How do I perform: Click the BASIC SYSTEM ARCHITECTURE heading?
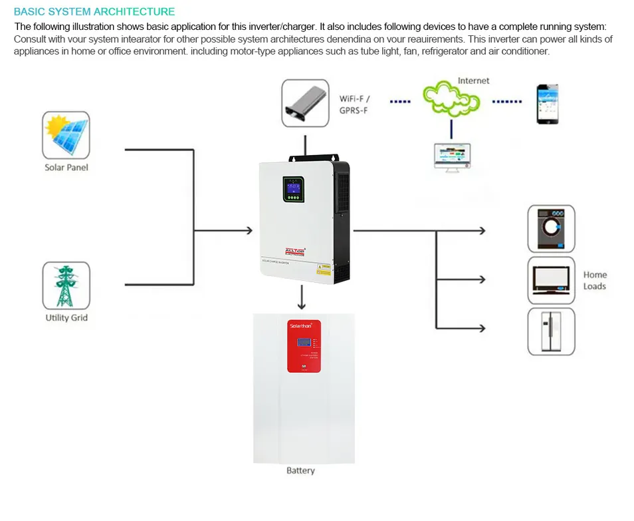tap(94, 11)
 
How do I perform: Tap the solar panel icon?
tap(66, 135)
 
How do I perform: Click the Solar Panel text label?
tap(66, 168)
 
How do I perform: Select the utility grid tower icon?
tap(66, 285)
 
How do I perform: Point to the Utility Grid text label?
tap(66, 317)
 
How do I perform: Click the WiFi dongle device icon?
tap(306, 103)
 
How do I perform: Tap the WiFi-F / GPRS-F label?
tap(354, 104)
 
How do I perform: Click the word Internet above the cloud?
tap(473, 81)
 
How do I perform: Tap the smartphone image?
tap(547, 104)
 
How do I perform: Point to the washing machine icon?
tap(551, 228)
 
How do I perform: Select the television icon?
tap(551, 279)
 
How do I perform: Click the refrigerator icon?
tap(551, 331)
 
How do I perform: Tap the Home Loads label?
tap(595, 280)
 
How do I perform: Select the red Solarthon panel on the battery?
tap(304, 346)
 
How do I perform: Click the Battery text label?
tap(300, 470)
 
